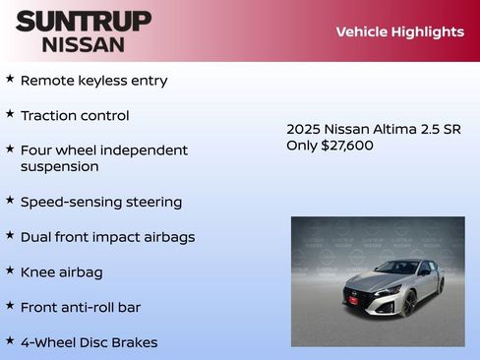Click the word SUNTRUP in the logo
[83, 21]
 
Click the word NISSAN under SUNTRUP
[83, 44]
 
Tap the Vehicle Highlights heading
[399, 31]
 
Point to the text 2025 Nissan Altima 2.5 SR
[373, 129]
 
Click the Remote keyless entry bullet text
[93, 81]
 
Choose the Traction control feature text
[75, 116]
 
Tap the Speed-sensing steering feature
[100, 202]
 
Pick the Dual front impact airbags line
[107, 237]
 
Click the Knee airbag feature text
[61, 271]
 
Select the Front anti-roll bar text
[81, 307]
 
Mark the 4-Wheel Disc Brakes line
[89, 342]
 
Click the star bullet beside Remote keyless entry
[10, 78]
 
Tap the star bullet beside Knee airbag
[10, 269]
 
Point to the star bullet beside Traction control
[10, 113]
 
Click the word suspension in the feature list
[59, 166]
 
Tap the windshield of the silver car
[398, 268]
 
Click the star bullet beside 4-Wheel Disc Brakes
[10, 339]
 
